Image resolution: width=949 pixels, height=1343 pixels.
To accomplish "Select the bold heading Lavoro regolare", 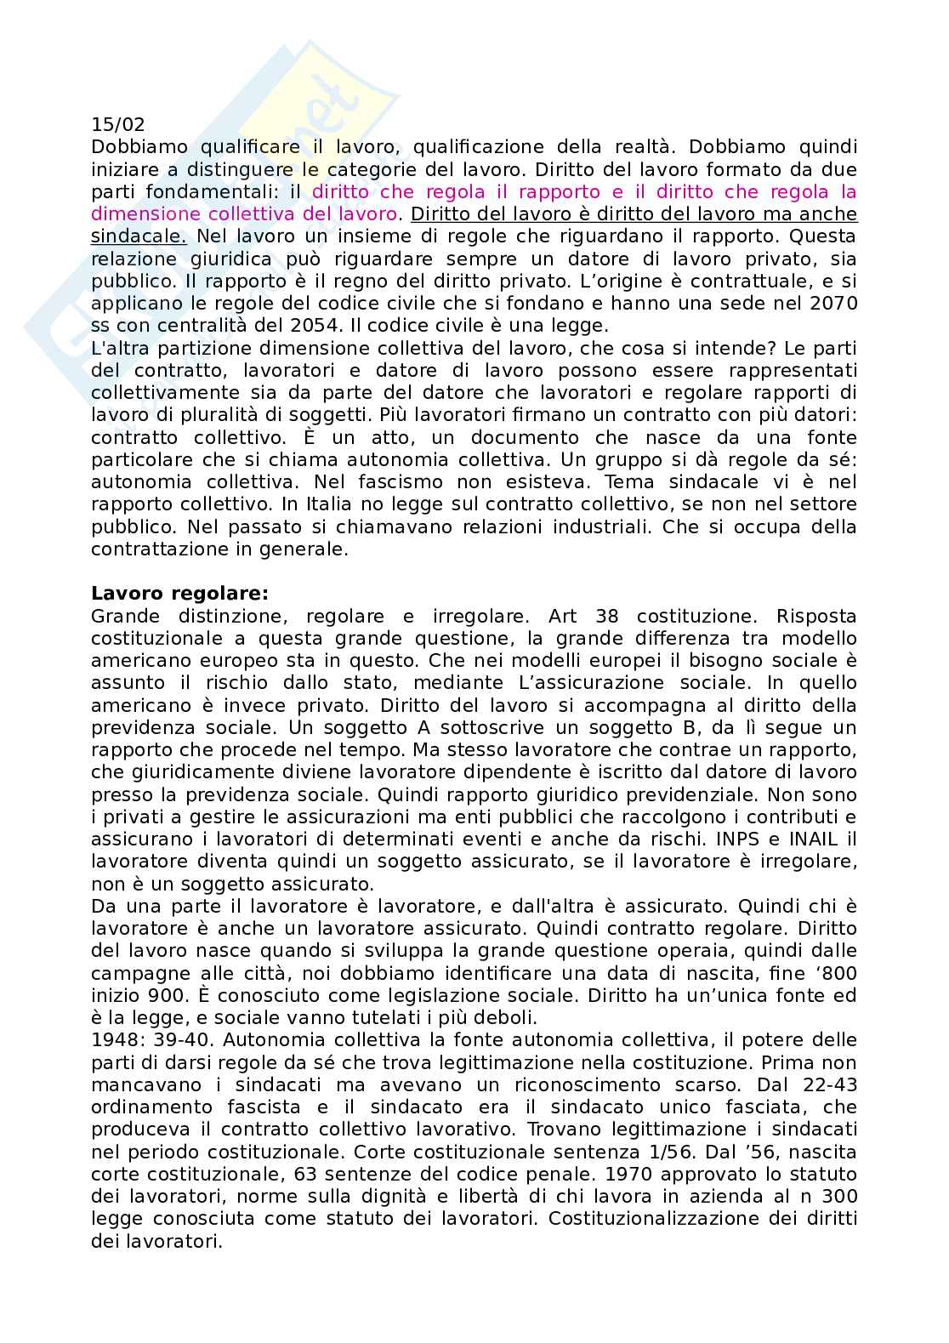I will coord(179,593).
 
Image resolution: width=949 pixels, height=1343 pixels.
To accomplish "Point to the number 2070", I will coord(835,304).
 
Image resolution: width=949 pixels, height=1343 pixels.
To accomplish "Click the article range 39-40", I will coord(174,1040).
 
